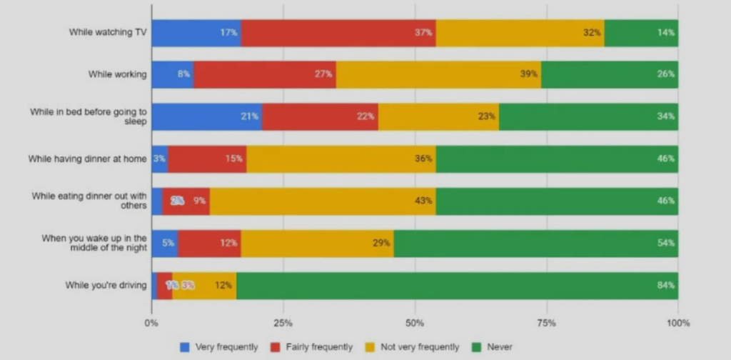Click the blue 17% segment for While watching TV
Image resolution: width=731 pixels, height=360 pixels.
tap(196, 33)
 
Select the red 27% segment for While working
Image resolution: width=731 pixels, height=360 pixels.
tap(264, 74)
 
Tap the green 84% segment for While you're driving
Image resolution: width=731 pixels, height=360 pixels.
tap(457, 286)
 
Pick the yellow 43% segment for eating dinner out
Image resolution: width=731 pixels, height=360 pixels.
tap(323, 201)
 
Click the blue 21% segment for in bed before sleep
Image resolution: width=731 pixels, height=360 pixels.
tap(207, 116)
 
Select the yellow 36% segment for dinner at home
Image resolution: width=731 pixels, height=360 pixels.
tap(341, 159)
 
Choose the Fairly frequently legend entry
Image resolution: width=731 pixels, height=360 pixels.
tap(315, 347)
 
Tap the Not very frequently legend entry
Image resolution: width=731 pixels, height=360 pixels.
tap(416, 347)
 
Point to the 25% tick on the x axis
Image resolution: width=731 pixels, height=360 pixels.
tap(283, 323)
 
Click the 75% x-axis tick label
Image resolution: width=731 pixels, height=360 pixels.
tap(547, 323)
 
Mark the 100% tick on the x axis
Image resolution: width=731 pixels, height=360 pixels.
tap(678, 323)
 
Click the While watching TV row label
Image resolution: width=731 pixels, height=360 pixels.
tap(108, 32)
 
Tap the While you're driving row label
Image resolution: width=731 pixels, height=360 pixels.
tap(106, 286)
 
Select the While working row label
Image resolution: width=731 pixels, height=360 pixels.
tap(118, 74)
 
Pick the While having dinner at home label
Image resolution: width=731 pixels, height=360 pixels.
tap(88, 159)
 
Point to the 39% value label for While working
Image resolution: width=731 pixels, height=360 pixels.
tap(528, 74)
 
